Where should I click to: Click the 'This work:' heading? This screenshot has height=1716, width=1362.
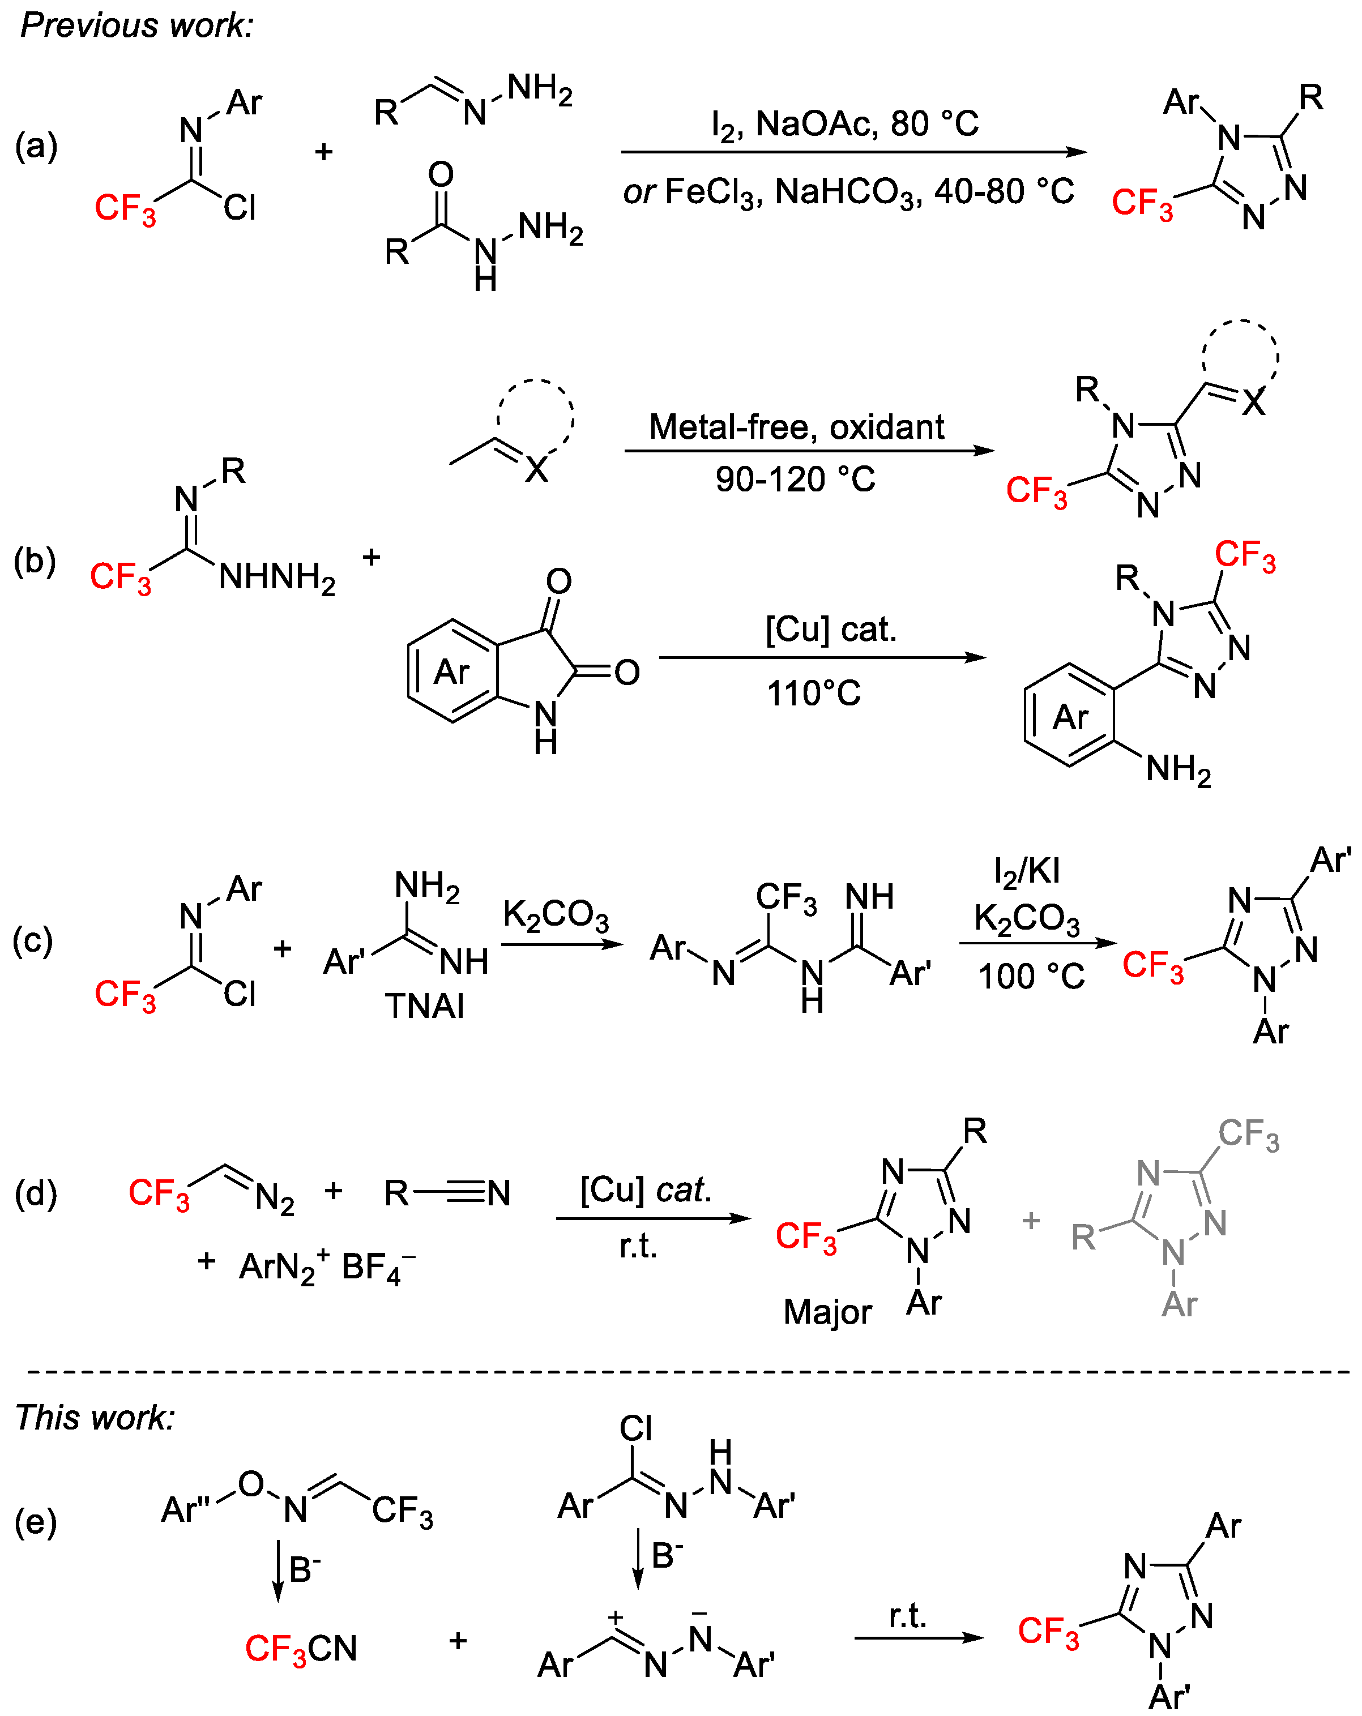point(95,1418)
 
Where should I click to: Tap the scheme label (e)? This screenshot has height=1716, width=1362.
point(35,1522)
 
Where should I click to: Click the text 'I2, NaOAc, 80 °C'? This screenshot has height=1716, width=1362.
point(844,124)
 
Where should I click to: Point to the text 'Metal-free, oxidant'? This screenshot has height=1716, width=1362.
point(796,427)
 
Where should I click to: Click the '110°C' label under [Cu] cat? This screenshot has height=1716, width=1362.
point(814,693)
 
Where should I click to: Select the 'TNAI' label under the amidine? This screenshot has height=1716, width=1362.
point(424,1006)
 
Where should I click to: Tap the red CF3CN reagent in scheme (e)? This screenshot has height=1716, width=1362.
point(301,1649)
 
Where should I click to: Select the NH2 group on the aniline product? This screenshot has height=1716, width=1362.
point(1178,769)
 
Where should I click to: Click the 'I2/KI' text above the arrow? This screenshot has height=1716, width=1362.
point(1027,871)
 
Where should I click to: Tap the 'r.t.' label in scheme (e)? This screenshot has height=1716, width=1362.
point(907,1616)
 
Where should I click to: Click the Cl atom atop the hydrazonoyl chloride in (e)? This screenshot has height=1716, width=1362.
point(635,1428)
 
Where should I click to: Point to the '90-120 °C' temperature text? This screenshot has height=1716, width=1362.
point(795,479)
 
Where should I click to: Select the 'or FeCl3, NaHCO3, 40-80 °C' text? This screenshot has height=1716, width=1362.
point(848,192)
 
